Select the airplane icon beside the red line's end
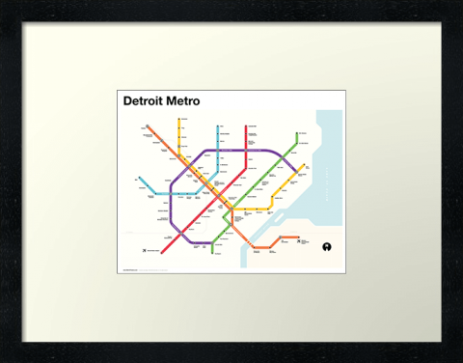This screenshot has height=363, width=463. tap(144, 251)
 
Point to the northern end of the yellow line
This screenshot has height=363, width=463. tap(179, 121)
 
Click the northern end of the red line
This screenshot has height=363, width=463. tap(246, 126)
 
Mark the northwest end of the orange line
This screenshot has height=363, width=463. tap(148, 126)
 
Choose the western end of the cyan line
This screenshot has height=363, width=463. tap(140, 179)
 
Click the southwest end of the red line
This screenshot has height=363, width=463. tap(162, 253)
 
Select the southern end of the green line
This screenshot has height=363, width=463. tap(212, 246)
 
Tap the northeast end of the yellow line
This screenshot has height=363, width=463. tap(305, 166)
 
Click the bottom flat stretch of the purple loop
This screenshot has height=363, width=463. tap(198, 241)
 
